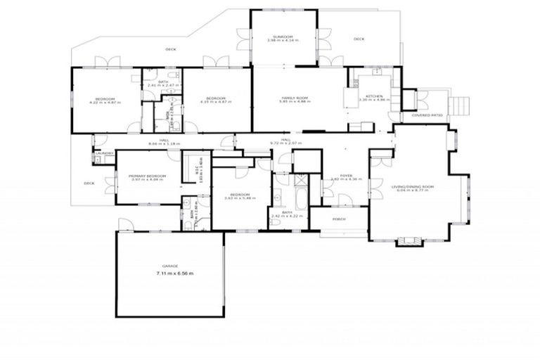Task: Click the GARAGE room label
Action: point(169,266)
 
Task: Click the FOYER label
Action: point(346,175)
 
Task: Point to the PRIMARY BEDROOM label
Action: point(147,175)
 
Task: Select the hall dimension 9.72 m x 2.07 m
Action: point(285,143)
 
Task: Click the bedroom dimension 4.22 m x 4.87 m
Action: point(105,103)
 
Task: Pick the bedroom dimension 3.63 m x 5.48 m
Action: point(240,198)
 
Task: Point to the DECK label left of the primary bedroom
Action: point(89,183)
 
